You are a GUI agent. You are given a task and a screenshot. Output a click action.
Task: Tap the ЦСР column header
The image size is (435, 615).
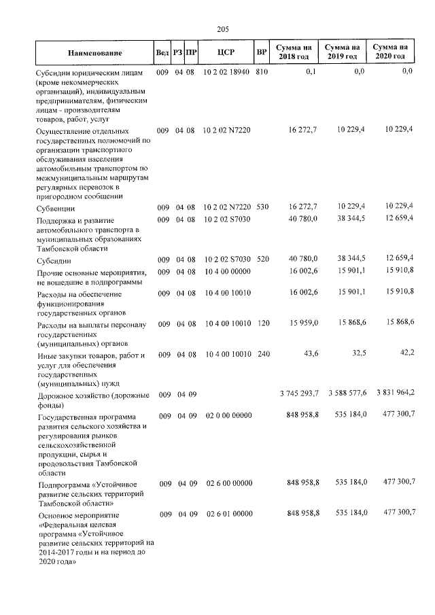click(x=228, y=52)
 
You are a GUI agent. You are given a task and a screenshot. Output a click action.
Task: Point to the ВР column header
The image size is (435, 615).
click(x=262, y=52)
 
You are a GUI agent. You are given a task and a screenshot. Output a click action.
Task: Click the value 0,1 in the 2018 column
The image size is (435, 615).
click(x=311, y=71)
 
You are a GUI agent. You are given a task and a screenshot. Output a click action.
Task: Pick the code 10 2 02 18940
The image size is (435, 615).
click(x=227, y=71)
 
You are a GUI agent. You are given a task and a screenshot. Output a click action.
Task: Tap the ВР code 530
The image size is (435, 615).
click(x=262, y=207)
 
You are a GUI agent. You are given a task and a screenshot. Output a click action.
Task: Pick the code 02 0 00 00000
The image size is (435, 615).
click(x=228, y=415)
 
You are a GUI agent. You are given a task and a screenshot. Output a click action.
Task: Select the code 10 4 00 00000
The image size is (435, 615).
click(x=228, y=272)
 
